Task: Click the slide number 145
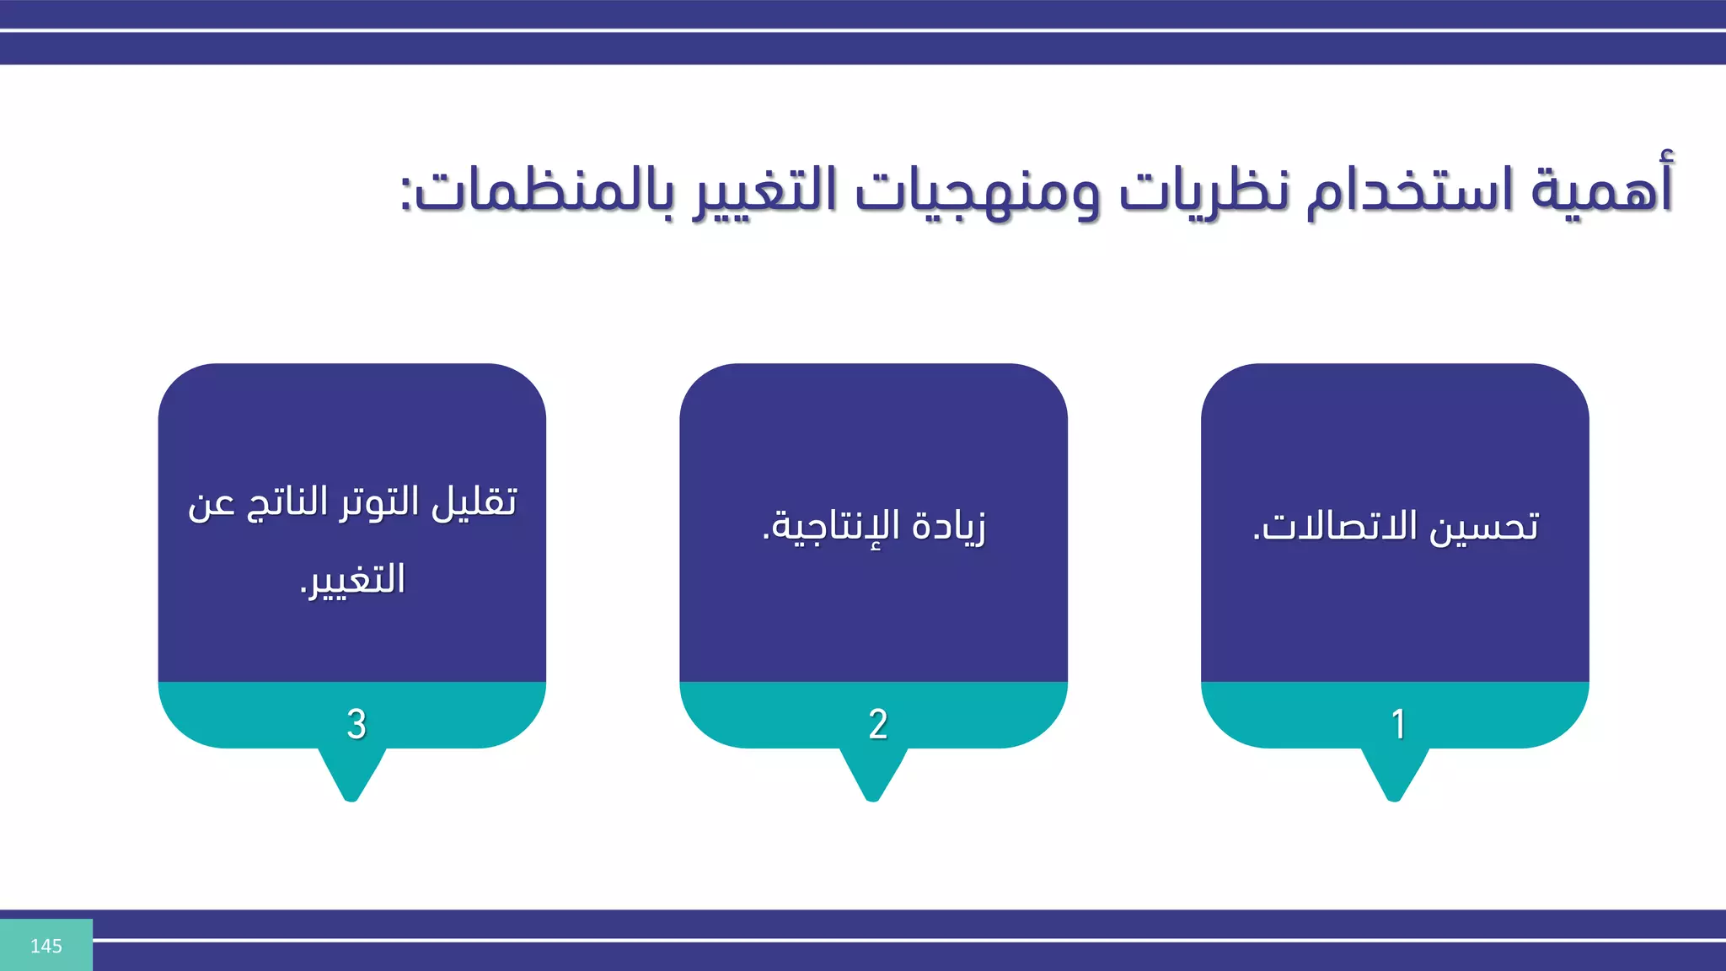(46, 946)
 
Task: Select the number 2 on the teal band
(878, 724)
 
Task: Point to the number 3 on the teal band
(356, 724)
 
